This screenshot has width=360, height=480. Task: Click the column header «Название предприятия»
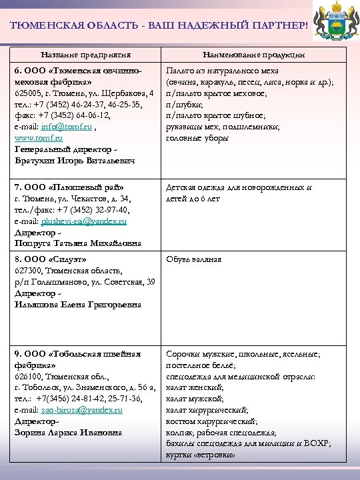(85, 54)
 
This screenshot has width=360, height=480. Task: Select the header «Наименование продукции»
(254, 54)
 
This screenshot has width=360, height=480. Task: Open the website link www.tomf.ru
(38, 138)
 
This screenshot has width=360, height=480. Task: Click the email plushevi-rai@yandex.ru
(84, 220)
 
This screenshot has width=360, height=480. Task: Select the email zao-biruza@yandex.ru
(82, 409)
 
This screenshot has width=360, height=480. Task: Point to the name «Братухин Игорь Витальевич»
(75, 161)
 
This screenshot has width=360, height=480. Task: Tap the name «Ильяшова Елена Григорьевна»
(78, 304)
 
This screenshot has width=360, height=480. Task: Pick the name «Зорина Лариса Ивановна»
(69, 433)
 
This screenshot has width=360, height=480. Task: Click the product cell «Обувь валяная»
(193, 259)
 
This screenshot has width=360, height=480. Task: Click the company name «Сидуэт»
(69, 259)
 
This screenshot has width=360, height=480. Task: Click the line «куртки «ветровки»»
(200, 455)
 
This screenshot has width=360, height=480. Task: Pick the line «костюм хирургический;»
(211, 421)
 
